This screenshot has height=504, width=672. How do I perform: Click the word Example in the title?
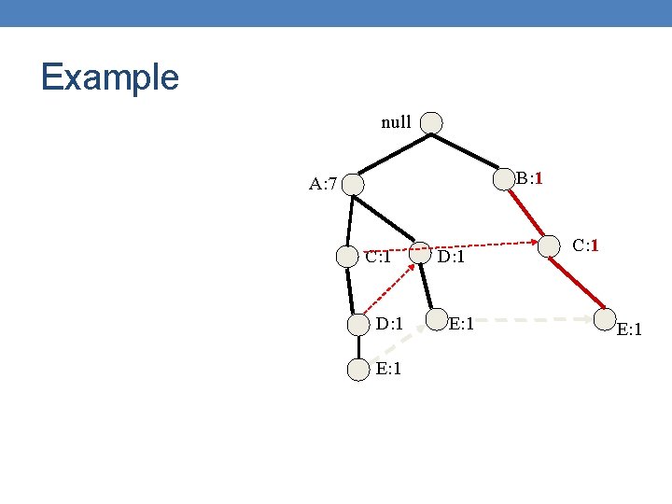click(x=109, y=77)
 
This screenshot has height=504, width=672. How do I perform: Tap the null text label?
click(x=396, y=122)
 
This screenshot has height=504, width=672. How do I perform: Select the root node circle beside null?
click(x=431, y=122)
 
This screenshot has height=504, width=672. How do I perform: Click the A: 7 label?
click(x=323, y=183)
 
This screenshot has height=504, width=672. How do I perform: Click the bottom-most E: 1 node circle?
click(x=358, y=370)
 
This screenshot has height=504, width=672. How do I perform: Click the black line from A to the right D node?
click(x=392, y=220)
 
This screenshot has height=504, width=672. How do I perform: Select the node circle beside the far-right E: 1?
click(x=606, y=320)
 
